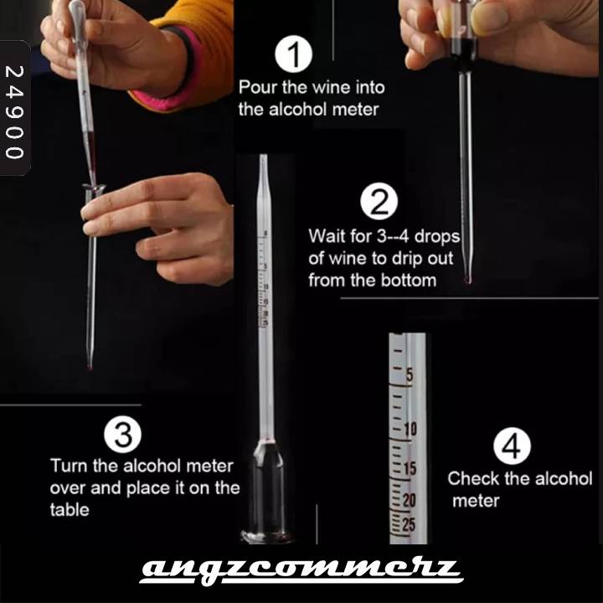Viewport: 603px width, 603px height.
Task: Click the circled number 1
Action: (293, 54)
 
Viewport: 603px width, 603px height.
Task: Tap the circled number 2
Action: (379, 201)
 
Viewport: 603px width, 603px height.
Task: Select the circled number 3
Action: (122, 434)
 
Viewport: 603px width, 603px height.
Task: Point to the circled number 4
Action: (513, 446)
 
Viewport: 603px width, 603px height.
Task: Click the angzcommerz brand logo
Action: (301, 570)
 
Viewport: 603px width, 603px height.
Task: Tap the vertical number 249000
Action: (14, 112)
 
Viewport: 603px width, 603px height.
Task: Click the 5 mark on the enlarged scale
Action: (410, 375)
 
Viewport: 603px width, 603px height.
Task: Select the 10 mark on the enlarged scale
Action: (410, 429)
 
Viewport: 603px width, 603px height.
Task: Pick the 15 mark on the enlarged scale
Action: (410, 469)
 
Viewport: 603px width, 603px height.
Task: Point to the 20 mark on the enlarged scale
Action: (410, 500)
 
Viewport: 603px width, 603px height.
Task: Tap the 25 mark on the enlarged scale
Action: (410, 524)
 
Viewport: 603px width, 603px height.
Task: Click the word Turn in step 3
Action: (70, 466)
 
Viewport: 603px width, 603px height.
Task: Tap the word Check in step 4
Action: (474, 479)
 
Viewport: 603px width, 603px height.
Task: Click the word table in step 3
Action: (70, 510)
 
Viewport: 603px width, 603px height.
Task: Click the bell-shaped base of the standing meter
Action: (266, 492)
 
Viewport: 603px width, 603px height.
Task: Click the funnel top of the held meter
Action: (94, 188)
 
